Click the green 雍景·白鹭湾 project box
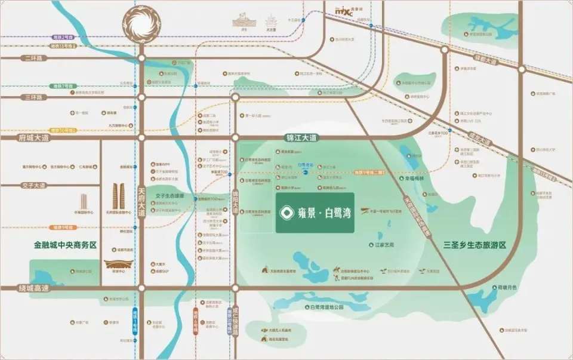pyautogui.click(x=315, y=213)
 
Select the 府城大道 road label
pyautogui.click(x=24, y=137)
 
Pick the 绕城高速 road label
pyautogui.click(x=24, y=288)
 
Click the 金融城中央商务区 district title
pyautogui.click(x=65, y=245)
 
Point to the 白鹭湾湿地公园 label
pyautogui.click(x=327, y=307)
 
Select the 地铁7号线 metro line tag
pyautogui.click(x=63, y=87)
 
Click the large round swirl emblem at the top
pyautogui.click(x=142, y=24)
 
